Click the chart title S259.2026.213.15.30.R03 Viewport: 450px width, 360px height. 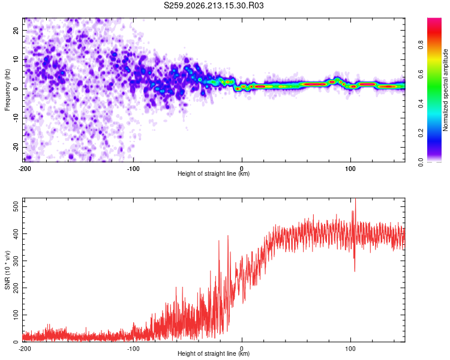[214, 5]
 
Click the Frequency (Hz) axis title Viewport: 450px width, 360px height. [7, 90]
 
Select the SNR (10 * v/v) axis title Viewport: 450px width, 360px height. [7, 270]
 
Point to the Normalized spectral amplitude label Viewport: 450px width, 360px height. [445, 90]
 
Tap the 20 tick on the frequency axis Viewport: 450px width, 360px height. [16, 30]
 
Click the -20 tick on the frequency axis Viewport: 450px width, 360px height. [16, 147]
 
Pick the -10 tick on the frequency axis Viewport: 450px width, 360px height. [16, 118]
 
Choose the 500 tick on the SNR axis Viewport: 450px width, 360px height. [16, 206]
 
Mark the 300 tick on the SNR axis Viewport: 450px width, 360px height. [16, 260]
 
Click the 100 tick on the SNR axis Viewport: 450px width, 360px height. [16, 314]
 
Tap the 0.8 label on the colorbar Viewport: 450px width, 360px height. [421, 45]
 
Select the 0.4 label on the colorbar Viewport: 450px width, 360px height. [421, 103]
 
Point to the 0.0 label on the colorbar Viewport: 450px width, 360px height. [421, 162]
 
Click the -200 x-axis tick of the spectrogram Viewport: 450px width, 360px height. [25, 169]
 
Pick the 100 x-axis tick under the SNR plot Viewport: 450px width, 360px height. [350, 349]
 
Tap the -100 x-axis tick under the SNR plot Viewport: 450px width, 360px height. [133, 349]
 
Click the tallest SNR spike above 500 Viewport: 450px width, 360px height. [356, 199]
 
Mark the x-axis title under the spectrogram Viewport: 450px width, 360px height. [214, 173]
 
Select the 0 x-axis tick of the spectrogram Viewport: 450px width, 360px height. [242, 169]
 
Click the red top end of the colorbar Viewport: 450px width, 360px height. [434, 19]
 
